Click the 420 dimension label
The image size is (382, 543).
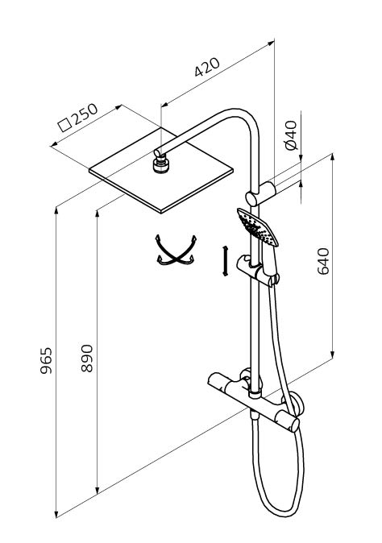click(207, 67)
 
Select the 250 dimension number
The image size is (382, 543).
click(85, 114)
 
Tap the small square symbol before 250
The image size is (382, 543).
click(64, 125)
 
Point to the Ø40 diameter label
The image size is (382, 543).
click(291, 135)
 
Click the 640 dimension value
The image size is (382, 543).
click(323, 261)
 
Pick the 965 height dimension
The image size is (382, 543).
click(46, 360)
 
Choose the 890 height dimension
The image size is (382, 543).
click(87, 359)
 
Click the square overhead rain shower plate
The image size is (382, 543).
click(160, 170)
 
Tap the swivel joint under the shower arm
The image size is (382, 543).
click(160, 164)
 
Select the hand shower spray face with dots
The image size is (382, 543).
click(257, 227)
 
